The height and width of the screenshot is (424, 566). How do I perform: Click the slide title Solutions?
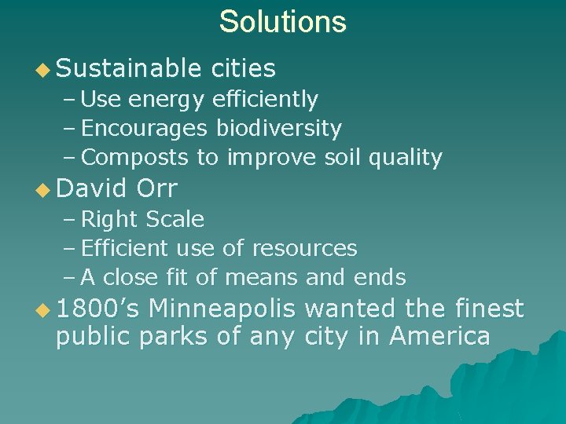282,21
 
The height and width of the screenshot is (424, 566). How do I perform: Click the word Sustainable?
129,69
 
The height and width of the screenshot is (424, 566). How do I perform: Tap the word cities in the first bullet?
244,69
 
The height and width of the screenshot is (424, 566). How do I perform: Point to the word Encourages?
145,128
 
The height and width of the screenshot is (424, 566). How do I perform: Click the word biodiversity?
279,128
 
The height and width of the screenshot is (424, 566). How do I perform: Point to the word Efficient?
124,249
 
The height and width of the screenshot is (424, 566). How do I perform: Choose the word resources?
304,249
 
